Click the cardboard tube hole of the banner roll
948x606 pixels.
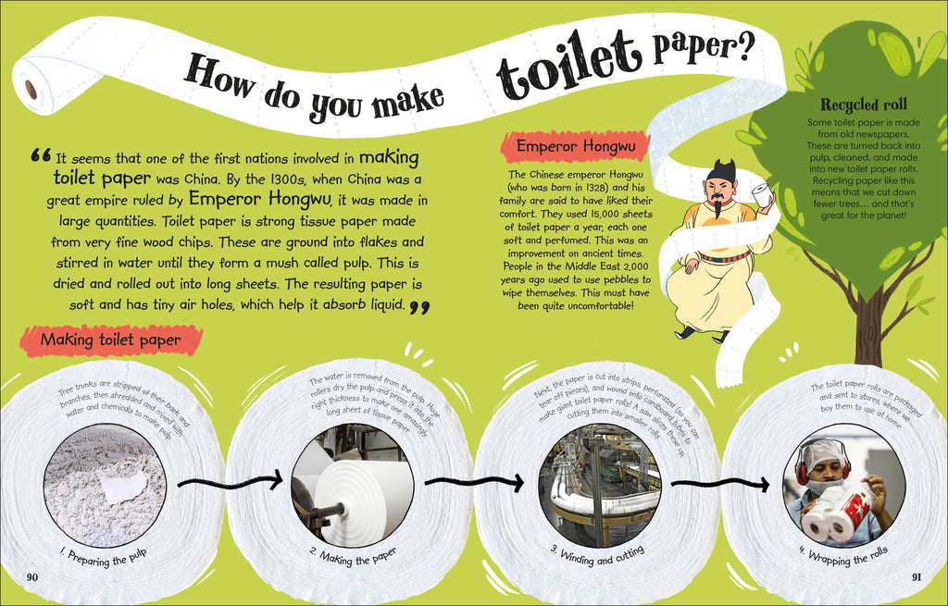coord(31,90)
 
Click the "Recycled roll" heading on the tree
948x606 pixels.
coord(864,105)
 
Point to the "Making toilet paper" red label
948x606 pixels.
coord(111,340)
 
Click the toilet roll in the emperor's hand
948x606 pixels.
coord(763,194)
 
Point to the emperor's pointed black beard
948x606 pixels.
coord(717,209)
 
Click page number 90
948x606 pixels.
coord(32,577)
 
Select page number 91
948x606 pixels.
coord(917,577)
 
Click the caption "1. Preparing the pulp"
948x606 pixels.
coord(104,558)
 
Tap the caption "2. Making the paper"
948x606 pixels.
coord(354,557)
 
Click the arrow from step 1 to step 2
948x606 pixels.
coord(230,481)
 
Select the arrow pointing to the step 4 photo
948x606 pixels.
coord(719,484)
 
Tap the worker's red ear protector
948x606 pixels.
coord(801,469)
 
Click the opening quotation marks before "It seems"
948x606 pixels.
coord(41,155)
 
